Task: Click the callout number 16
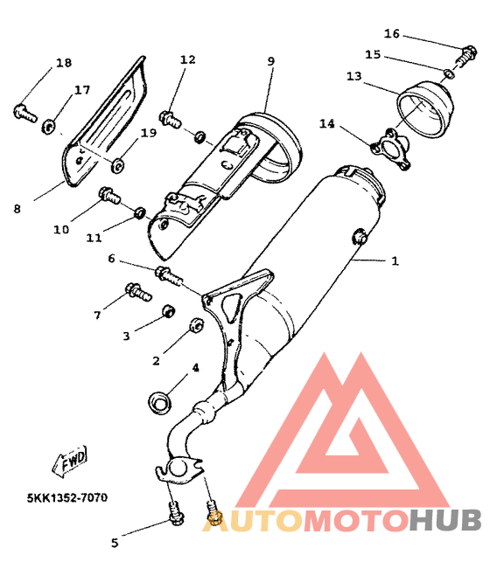coord(391,34)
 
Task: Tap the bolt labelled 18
coord(25,113)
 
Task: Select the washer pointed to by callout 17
coord(48,127)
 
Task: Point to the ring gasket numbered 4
coord(159,403)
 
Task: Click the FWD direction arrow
coord(70,461)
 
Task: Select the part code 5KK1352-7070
coord(67,498)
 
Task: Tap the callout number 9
coord(270,61)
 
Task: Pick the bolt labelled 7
coord(138,292)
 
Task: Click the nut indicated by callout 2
coord(197,325)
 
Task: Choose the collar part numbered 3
coord(169,311)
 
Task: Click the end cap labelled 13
coord(425,110)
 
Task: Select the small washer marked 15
coord(448,73)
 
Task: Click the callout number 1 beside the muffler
coord(395,261)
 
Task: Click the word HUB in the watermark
coord(446,520)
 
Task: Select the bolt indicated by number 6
coord(169,276)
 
